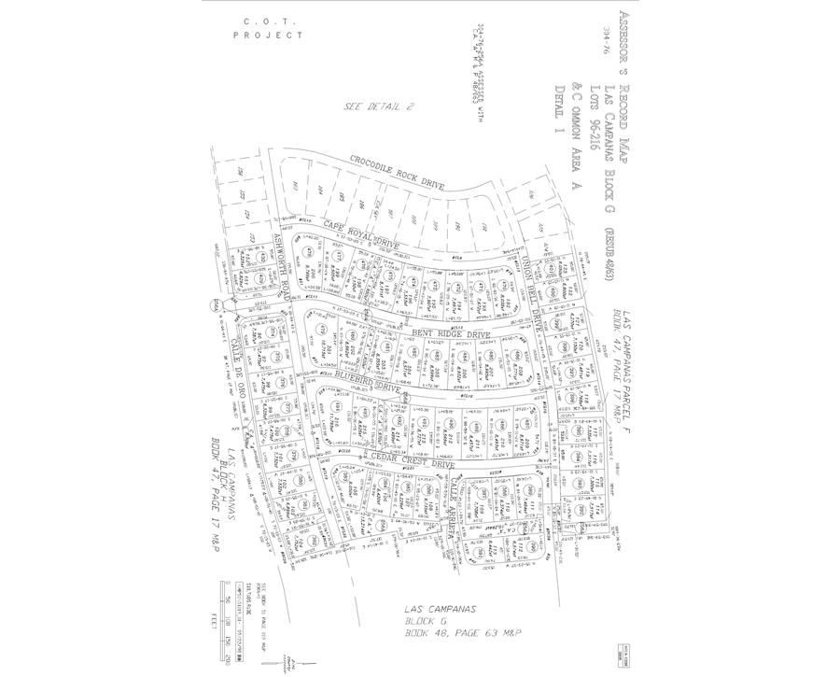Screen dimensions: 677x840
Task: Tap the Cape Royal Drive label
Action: (x=361, y=233)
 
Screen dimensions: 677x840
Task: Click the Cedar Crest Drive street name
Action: (x=413, y=463)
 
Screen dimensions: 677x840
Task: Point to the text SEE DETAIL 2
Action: (x=378, y=106)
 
